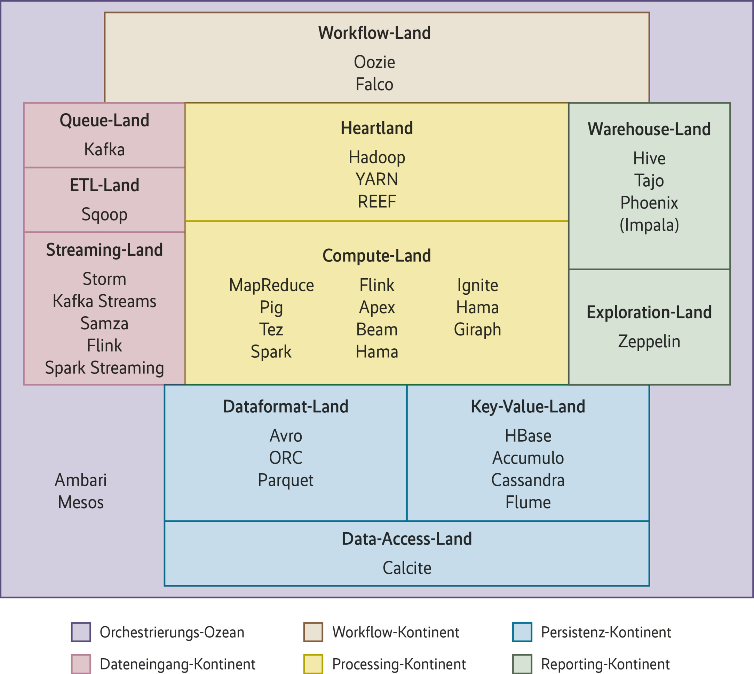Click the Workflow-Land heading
[374, 33]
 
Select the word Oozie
[374, 62]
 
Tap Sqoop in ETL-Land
[104, 215]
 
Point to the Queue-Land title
[104, 121]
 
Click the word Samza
[104, 323]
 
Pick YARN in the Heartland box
[376, 180]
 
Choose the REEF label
[376, 202]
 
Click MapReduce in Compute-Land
[271, 285]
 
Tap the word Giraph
[477, 330]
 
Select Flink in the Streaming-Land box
[104, 346]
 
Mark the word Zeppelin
[649, 341]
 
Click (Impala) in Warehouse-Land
[649, 225]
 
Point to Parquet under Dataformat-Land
[286, 480]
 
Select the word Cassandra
[528, 480]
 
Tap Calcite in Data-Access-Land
[407, 568]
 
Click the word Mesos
[81, 502]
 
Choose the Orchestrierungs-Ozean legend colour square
[81, 632]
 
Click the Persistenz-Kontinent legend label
[606, 632]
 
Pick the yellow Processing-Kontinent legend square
[313, 664]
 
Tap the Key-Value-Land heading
[528, 406]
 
